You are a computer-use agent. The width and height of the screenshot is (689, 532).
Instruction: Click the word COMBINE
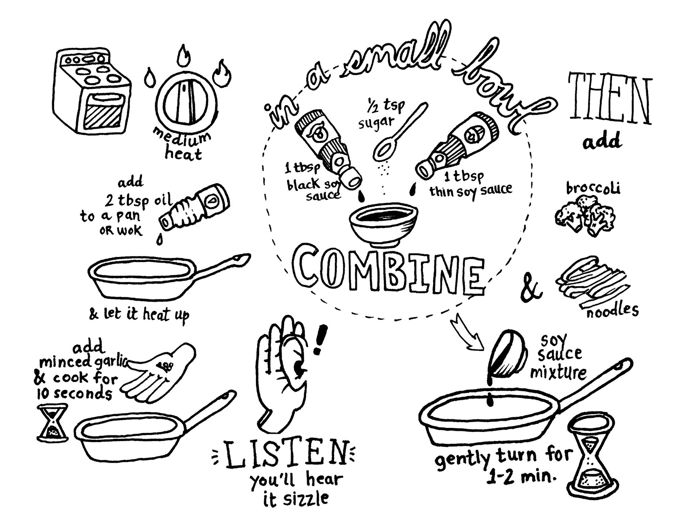(x=389, y=275)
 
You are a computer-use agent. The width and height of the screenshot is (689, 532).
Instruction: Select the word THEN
(x=610, y=98)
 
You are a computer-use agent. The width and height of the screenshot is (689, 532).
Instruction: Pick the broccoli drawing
(x=585, y=216)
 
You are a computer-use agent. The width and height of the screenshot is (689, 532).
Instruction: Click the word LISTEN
(x=286, y=453)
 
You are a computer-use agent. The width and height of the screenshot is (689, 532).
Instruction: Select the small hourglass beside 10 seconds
(x=52, y=422)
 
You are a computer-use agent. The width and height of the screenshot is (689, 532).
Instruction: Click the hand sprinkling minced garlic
(x=159, y=372)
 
